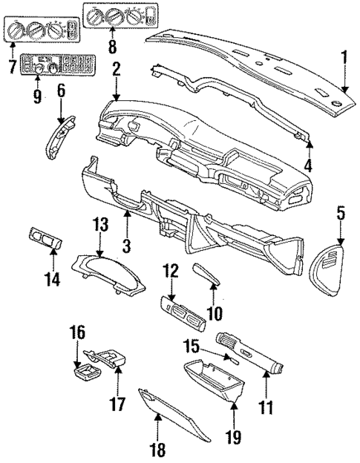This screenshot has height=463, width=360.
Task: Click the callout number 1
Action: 343,56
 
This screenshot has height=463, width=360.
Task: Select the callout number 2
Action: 116,70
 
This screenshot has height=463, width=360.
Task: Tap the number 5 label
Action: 340,213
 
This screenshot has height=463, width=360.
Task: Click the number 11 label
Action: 266,407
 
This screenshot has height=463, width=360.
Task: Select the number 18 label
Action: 158,449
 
